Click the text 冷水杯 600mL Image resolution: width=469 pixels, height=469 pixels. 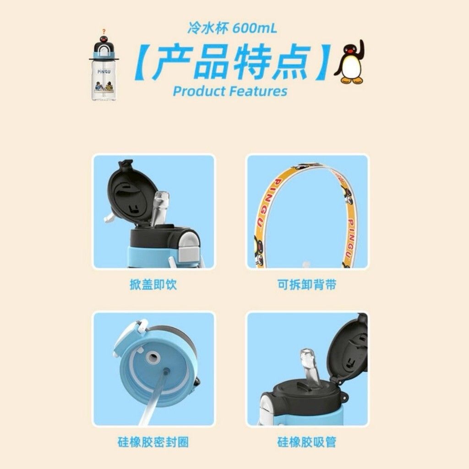click(232, 28)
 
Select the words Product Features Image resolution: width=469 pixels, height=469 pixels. click(230, 91)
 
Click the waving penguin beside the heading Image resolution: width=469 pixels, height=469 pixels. click(349, 62)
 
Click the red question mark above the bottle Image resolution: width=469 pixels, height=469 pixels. click(104, 31)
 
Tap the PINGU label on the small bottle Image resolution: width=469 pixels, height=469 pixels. click(104, 72)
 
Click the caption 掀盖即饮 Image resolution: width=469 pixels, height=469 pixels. click(153, 284)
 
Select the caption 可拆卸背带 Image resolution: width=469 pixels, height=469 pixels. click(307, 284)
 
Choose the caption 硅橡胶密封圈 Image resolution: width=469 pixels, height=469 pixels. click(153, 442)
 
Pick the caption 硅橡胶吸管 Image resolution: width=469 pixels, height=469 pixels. click(307, 442)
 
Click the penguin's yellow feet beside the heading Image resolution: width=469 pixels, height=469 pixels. click(352, 80)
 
